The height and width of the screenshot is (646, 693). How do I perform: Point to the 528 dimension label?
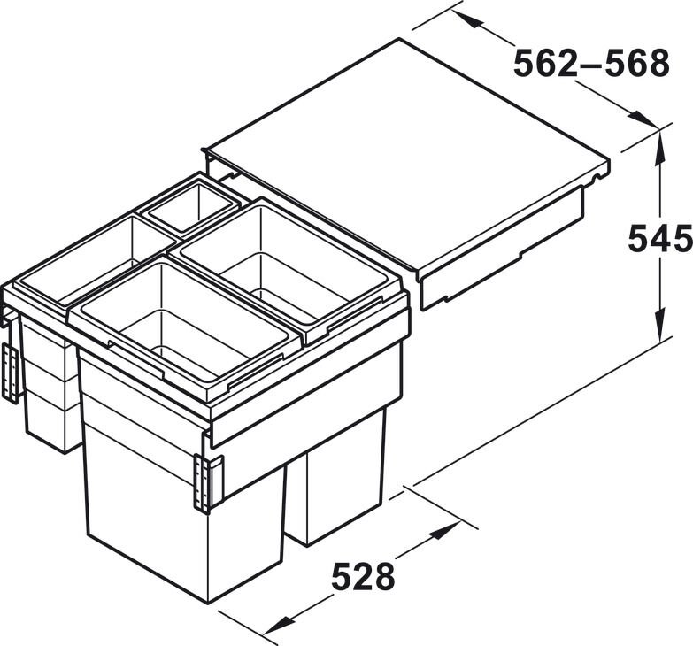(363, 578)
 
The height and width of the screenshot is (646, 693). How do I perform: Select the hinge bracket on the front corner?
(205, 483)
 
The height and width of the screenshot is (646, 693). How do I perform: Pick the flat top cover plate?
(407, 150)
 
